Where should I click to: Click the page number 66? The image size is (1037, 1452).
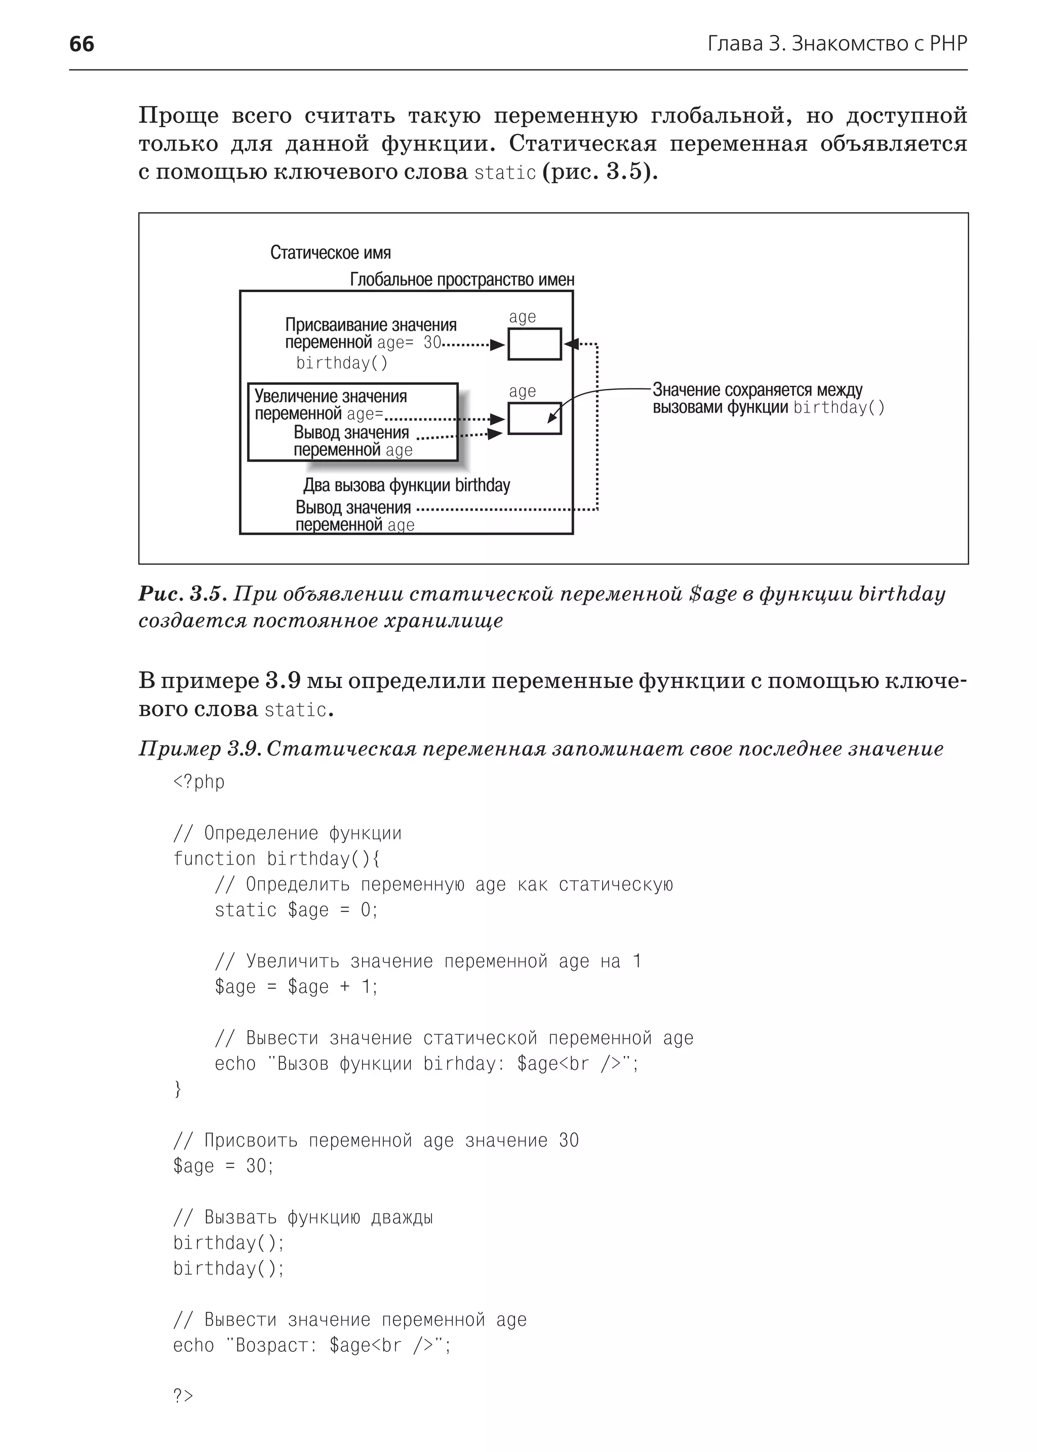[81, 44]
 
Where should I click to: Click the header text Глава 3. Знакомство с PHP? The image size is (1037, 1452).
[837, 44]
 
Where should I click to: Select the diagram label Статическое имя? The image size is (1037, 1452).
[330, 253]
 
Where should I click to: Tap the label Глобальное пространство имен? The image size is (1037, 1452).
[462, 279]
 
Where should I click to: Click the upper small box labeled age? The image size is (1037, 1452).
[535, 344]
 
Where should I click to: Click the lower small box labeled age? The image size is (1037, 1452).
[535, 418]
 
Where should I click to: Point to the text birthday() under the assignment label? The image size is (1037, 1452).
[342, 364]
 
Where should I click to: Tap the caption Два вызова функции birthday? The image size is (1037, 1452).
[406, 486]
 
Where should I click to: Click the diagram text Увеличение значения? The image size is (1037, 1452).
[330, 396]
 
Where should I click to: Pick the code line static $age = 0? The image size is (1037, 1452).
[296, 910]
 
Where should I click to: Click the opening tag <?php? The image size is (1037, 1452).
[198, 782]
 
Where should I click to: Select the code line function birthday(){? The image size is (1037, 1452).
[276, 859]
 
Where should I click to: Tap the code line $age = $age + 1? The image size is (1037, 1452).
[296, 987]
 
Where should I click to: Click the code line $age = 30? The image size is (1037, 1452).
[223, 1166]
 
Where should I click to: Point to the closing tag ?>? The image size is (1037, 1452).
[183, 1396]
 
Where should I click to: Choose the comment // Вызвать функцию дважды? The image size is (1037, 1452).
[303, 1217]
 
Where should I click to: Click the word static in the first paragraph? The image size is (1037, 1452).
[504, 173]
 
